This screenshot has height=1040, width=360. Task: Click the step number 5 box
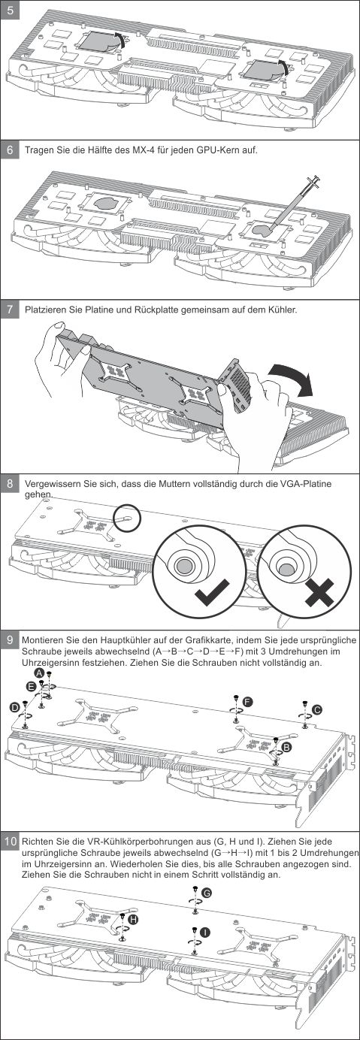click(x=10, y=10)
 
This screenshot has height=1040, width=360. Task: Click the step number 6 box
click(x=10, y=150)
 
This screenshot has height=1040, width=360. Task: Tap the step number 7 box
click(x=10, y=309)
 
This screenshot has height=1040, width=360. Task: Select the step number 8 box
click(x=10, y=484)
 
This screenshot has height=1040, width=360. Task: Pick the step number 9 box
click(x=10, y=640)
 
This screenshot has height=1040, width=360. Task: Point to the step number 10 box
click(x=10, y=842)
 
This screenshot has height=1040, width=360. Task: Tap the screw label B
click(x=286, y=747)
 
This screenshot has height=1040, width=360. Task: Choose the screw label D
click(x=14, y=707)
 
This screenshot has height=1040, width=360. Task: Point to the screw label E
click(x=31, y=686)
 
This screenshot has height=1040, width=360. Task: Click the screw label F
click(x=249, y=702)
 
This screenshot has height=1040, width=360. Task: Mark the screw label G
click(x=207, y=893)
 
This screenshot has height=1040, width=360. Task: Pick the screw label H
click(x=133, y=919)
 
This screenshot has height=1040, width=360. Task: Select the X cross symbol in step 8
click(x=320, y=592)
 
